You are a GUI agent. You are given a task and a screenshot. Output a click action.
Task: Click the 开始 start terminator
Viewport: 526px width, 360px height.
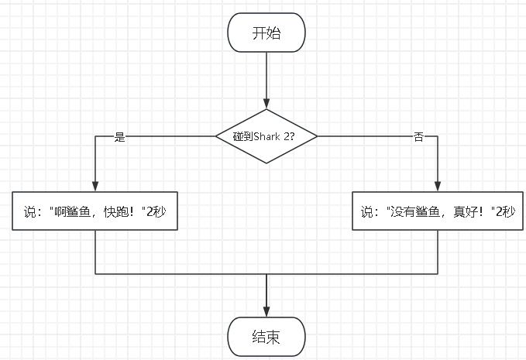click(x=266, y=33)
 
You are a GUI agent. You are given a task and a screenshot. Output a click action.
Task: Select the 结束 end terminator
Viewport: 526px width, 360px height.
click(x=266, y=337)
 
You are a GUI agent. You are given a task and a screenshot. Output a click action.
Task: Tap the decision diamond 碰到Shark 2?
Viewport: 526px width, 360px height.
click(x=266, y=136)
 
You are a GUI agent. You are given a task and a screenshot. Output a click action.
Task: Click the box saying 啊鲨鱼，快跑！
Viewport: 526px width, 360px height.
click(x=95, y=211)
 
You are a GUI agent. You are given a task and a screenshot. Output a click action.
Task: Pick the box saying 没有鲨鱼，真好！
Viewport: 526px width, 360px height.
click(x=438, y=211)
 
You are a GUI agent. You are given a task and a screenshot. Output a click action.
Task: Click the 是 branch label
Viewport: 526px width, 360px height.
click(x=120, y=137)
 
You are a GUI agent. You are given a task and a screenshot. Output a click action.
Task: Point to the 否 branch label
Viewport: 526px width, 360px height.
click(x=418, y=137)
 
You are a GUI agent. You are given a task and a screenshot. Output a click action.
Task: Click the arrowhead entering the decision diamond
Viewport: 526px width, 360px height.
click(x=266, y=104)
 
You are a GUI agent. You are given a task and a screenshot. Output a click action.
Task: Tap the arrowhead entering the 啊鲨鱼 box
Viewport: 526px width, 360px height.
click(x=95, y=187)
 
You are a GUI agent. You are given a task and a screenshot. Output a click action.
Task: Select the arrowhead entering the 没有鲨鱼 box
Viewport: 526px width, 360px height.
click(x=438, y=187)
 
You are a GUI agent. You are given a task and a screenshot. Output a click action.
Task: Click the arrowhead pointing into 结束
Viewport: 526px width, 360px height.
click(x=266, y=312)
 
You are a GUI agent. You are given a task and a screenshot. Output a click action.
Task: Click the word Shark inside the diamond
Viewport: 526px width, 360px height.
click(x=267, y=136)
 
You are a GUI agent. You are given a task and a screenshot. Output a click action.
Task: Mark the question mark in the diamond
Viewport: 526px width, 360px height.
click(x=292, y=136)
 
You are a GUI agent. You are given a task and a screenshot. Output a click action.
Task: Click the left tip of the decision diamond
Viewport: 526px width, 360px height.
click(x=215, y=136)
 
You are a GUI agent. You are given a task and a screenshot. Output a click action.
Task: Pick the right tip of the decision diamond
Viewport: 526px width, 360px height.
click(x=318, y=136)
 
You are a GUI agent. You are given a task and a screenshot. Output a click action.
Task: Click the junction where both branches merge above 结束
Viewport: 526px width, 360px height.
click(x=266, y=274)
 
